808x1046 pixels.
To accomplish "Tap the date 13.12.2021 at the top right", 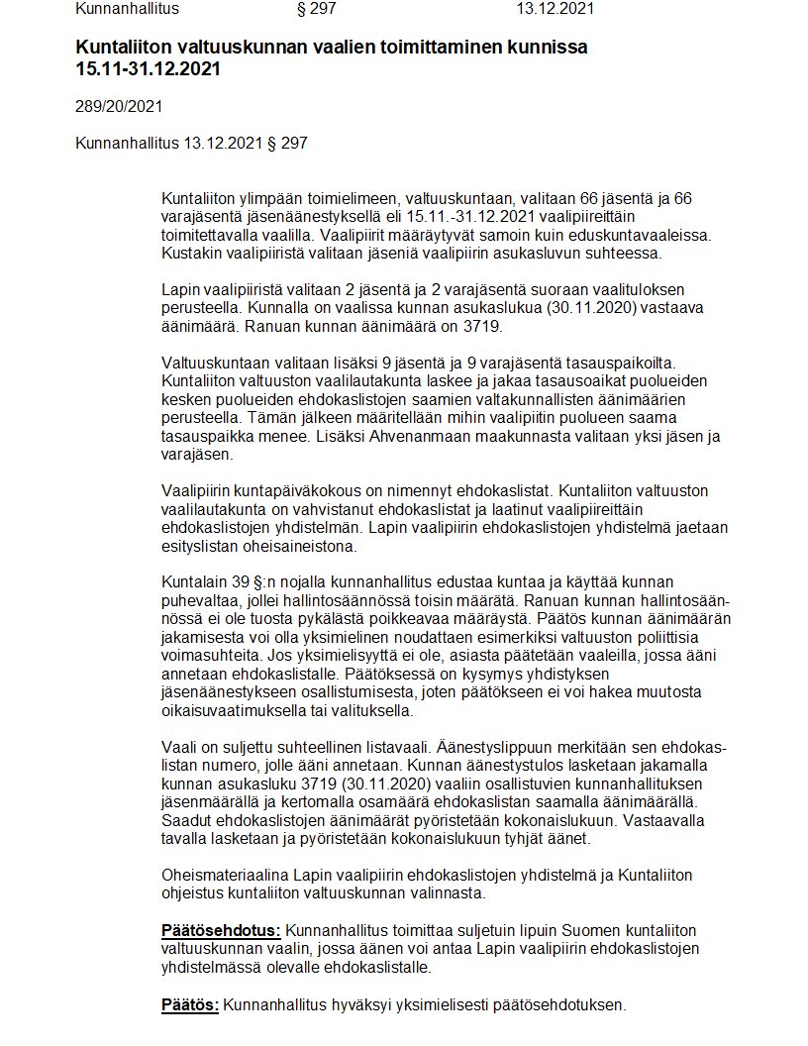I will [x=555, y=9].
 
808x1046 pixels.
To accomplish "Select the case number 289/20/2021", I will [x=119, y=106].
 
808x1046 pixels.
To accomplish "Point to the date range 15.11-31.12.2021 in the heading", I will [x=148, y=69].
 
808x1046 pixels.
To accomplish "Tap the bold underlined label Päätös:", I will [x=190, y=1005].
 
